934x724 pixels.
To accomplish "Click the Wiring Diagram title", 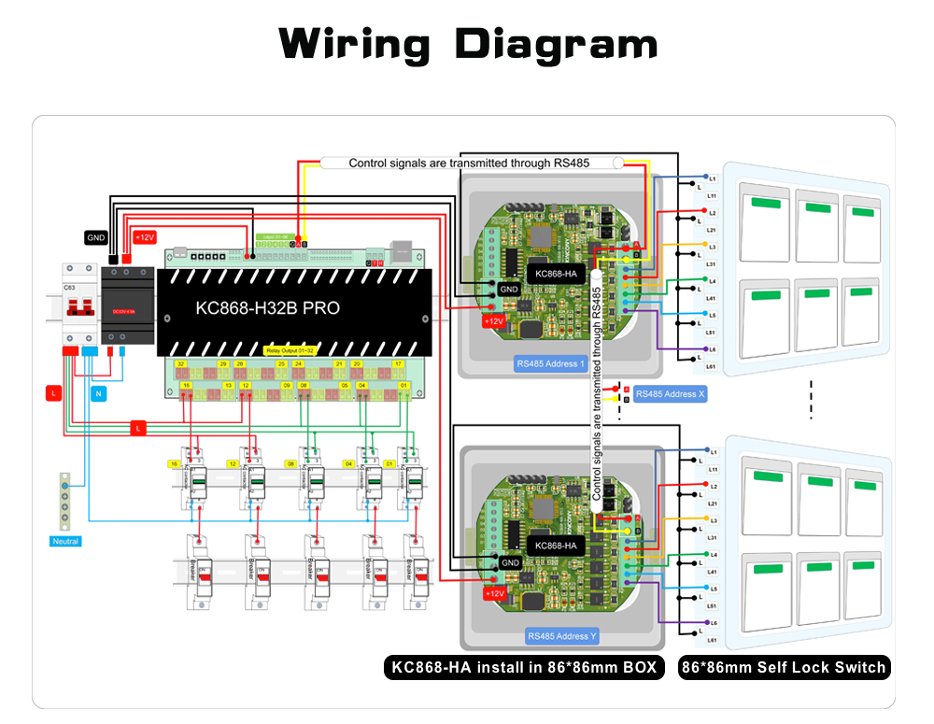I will [468, 44].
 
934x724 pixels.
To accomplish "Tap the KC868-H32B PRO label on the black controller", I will [267, 307].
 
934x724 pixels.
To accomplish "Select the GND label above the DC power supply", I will [96, 237].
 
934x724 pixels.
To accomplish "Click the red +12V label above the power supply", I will [146, 237].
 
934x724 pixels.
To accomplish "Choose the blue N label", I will [98, 393].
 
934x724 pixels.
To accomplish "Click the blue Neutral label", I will [65, 541].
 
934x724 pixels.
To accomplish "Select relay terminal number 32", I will [180, 363].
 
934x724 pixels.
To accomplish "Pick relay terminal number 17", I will [398, 363].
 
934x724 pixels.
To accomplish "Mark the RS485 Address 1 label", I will [550, 363].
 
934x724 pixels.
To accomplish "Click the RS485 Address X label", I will [670, 394].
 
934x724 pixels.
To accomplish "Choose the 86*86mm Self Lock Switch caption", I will [784, 667].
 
